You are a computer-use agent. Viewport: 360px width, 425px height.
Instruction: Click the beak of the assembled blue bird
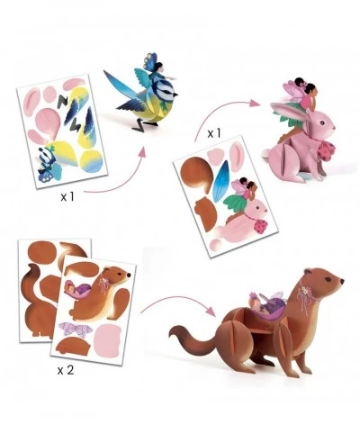(x=175, y=95)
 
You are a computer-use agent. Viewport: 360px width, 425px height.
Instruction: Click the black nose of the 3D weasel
(x=342, y=281)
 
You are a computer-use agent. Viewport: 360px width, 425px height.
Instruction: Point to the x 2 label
(x=66, y=370)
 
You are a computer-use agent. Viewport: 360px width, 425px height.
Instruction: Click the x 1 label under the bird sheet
(x=67, y=197)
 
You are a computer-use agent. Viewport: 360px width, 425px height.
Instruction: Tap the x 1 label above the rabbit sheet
(x=214, y=133)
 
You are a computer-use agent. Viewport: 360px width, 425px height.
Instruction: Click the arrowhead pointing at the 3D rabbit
(x=256, y=104)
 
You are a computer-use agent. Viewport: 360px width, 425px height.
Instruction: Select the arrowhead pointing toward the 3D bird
(x=142, y=152)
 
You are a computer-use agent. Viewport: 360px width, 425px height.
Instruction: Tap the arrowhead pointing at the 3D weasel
(x=211, y=309)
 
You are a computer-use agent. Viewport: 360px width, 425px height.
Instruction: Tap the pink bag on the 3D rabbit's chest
(x=326, y=149)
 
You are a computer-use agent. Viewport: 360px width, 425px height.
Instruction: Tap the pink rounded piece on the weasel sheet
(x=107, y=341)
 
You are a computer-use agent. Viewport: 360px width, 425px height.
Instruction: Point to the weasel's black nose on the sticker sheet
(x=129, y=274)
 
